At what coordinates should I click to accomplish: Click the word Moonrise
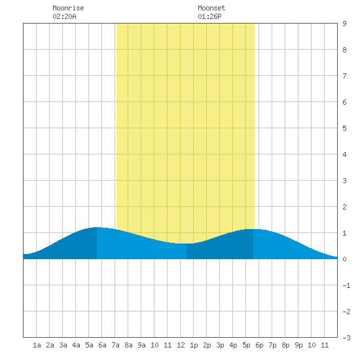coord(68,8)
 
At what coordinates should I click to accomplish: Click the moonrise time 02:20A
coord(64,16)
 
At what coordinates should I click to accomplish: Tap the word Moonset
coord(211,8)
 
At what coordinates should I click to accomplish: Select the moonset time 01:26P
coord(209,16)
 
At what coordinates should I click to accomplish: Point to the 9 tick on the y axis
coord(344,24)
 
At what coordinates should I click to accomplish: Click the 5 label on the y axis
coord(344,128)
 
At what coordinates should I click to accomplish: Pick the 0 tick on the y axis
coord(344,259)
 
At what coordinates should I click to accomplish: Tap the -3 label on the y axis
coord(346,338)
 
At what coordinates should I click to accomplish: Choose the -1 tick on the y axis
coord(346,285)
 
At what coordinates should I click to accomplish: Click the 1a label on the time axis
coord(37,345)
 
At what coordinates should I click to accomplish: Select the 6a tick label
coord(102,345)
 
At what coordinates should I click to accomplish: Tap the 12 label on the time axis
coord(181,345)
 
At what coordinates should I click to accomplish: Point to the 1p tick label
coord(194,345)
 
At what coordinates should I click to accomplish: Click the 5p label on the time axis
coord(246,345)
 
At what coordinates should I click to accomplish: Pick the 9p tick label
coord(298,345)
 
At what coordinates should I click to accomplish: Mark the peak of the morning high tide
coord(97,227)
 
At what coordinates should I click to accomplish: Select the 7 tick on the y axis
coord(344,76)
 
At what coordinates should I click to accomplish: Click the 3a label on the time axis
coord(63,345)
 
